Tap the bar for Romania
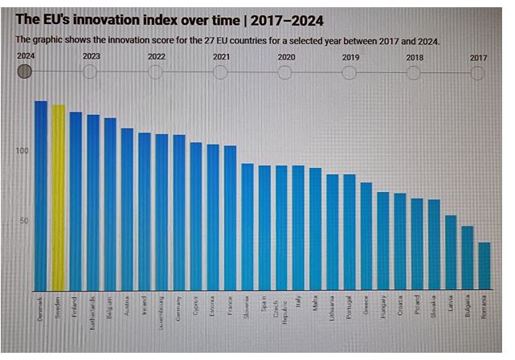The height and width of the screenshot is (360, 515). (x=484, y=266)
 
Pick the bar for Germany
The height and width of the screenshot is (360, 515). (x=179, y=212)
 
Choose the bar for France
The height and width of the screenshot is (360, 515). (x=231, y=218)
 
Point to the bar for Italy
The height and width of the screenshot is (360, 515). (x=298, y=228)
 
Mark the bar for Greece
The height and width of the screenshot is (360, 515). (x=366, y=236)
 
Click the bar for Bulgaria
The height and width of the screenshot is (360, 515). (x=468, y=258)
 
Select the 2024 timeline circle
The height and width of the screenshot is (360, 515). (x=25, y=72)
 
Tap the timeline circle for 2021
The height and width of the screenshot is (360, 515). (x=220, y=72)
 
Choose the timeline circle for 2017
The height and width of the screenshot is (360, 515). (x=478, y=72)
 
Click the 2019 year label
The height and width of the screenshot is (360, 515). (x=350, y=57)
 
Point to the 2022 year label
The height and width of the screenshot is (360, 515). (x=157, y=57)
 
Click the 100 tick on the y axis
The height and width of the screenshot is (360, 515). (x=22, y=151)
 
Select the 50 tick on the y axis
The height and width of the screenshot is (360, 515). (x=25, y=221)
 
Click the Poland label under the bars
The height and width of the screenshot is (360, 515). (x=417, y=308)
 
